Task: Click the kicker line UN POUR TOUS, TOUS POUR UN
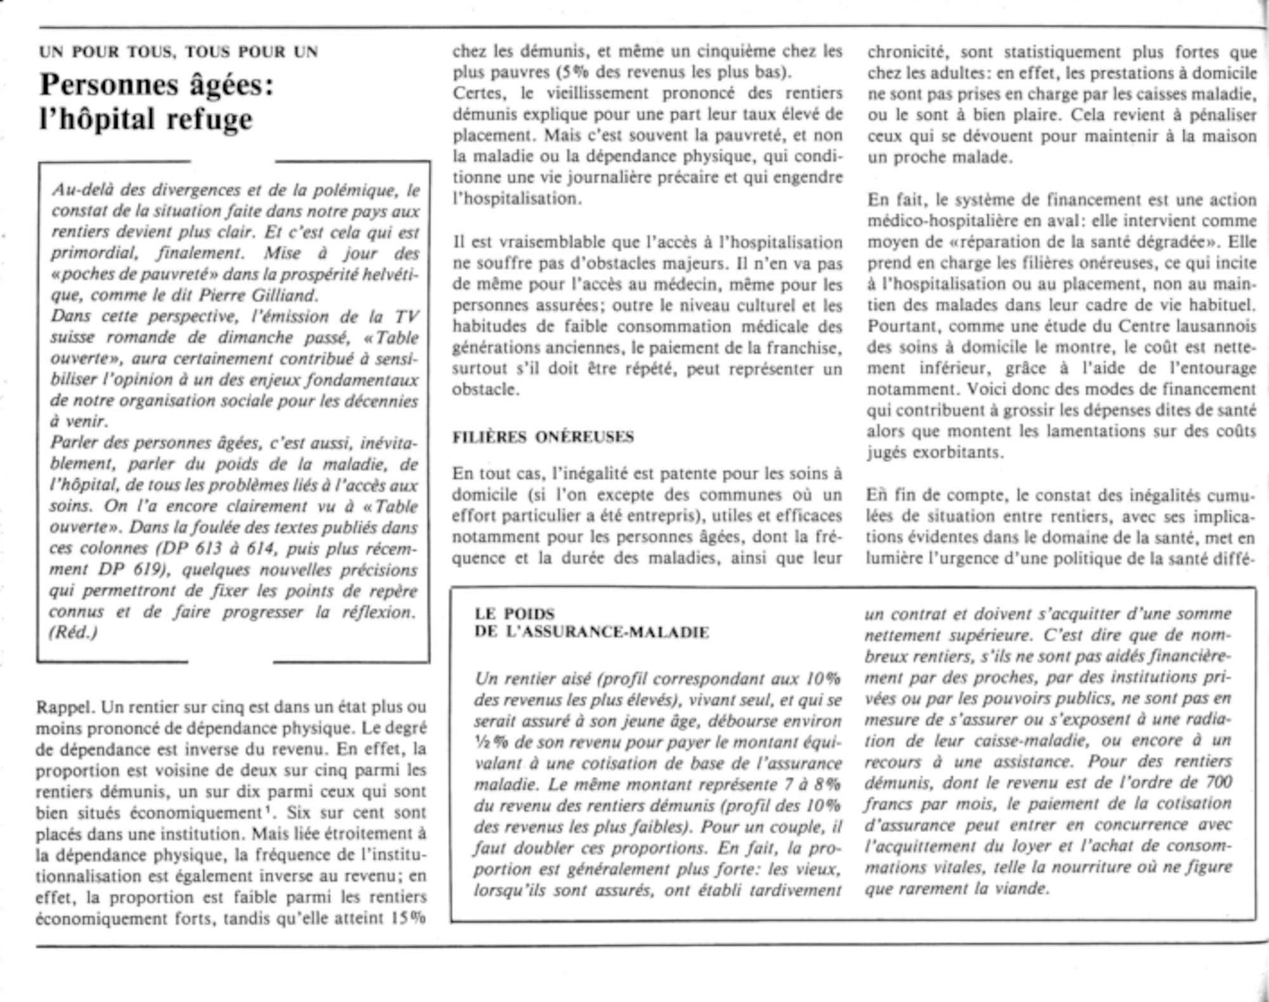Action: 178,52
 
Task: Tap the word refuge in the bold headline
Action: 210,119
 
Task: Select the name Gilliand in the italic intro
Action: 284,296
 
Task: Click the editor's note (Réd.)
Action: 74,633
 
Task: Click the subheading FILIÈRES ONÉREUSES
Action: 543,437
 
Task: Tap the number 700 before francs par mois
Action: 1218,782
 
